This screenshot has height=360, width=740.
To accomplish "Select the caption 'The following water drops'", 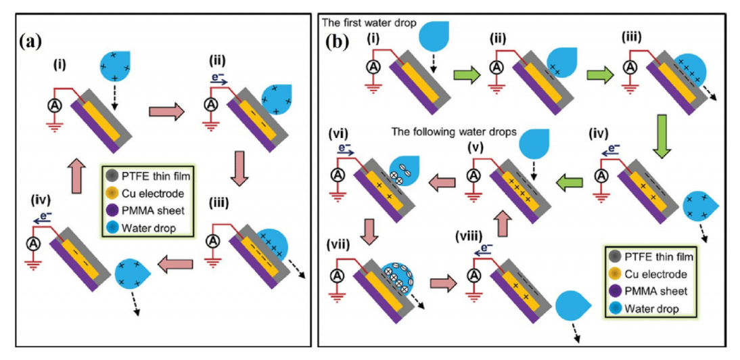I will [455, 133].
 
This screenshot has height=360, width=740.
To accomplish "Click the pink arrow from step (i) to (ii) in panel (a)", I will [166, 112].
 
